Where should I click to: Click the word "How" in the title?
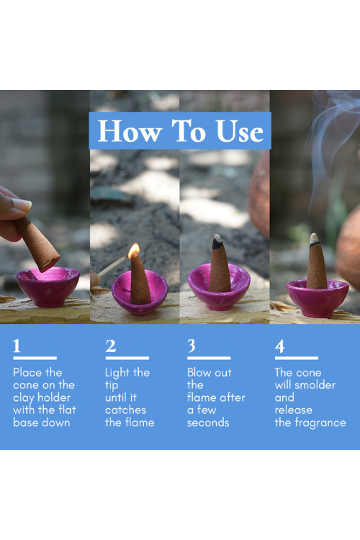pos(130,131)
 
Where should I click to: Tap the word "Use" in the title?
pos(240,131)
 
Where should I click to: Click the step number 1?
pos(17,346)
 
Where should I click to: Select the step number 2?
pos(111,346)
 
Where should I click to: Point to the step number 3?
pos(192,346)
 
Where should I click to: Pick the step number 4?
pos(280,346)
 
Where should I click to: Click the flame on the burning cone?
pos(134,251)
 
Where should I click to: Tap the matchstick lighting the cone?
pos(113,265)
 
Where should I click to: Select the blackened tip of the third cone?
pos(217,242)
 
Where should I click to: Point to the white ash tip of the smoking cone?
pos(314,238)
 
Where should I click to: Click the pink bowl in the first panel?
pos(48,287)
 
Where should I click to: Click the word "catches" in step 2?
pos(125,410)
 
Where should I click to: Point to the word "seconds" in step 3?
pos(208,423)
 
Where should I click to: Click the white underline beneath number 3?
pos(209,358)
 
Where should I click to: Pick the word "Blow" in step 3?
pos(199,372)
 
